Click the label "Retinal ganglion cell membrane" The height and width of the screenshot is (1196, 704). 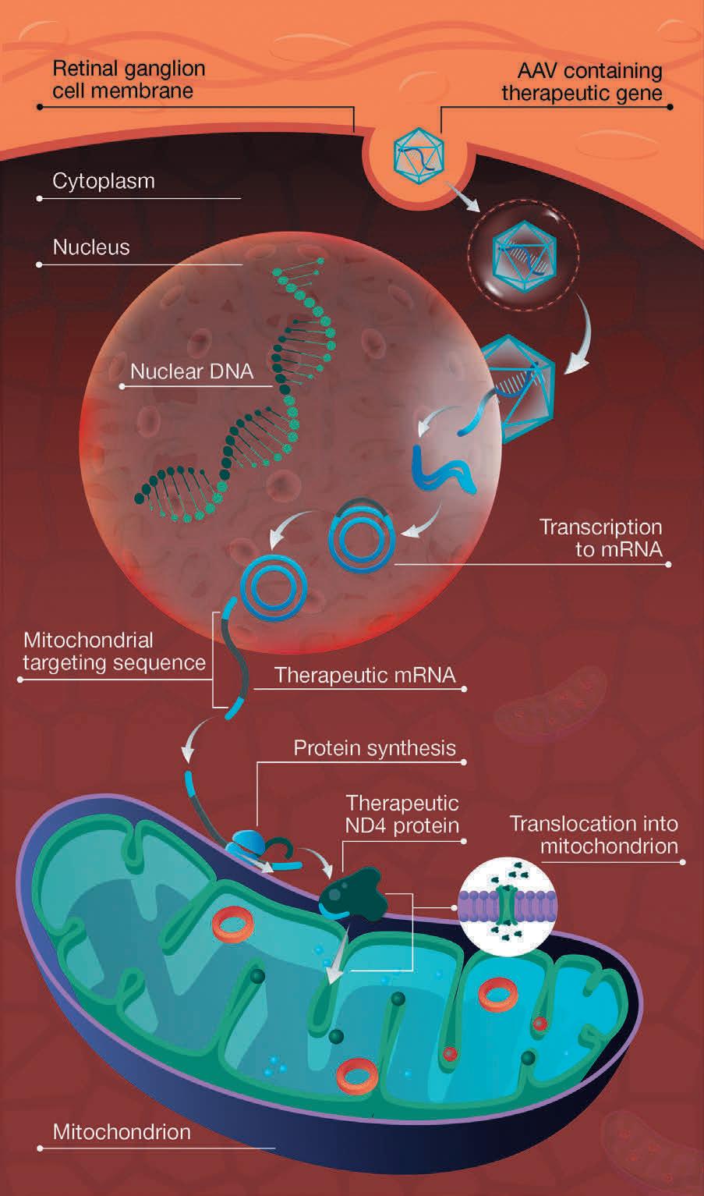(129, 80)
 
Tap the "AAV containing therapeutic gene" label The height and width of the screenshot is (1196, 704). (582, 83)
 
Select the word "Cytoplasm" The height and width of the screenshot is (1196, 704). (104, 181)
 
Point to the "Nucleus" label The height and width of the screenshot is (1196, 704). (91, 247)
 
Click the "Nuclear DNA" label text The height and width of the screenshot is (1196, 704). (192, 371)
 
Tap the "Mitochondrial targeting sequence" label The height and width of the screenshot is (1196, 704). (114, 651)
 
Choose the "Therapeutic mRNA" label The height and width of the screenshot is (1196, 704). (365, 675)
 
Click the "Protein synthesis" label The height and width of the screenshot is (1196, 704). (374, 748)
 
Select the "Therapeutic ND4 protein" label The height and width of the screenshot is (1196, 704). (402, 814)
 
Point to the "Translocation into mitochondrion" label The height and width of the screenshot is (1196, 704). (593, 835)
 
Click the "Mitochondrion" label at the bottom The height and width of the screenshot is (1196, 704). (122, 1132)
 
